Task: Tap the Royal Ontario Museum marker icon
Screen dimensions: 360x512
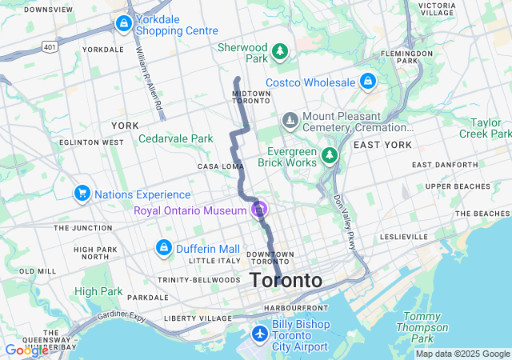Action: click(x=258, y=210)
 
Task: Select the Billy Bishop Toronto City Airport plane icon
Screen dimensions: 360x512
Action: click(x=259, y=333)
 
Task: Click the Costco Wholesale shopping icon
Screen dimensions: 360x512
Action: click(x=367, y=82)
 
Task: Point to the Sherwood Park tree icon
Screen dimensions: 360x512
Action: click(x=279, y=52)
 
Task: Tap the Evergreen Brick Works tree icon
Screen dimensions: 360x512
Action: click(x=330, y=154)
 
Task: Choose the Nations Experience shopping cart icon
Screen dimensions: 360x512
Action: click(x=82, y=194)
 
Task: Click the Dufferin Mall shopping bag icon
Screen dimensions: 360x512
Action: click(x=164, y=247)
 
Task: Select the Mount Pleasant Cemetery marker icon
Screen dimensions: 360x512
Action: click(x=289, y=121)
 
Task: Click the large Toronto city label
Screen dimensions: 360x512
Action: click(x=286, y=281)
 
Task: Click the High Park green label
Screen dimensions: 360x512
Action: click(x=98, y=291)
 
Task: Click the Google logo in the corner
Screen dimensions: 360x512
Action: click(x=26, y=350)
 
